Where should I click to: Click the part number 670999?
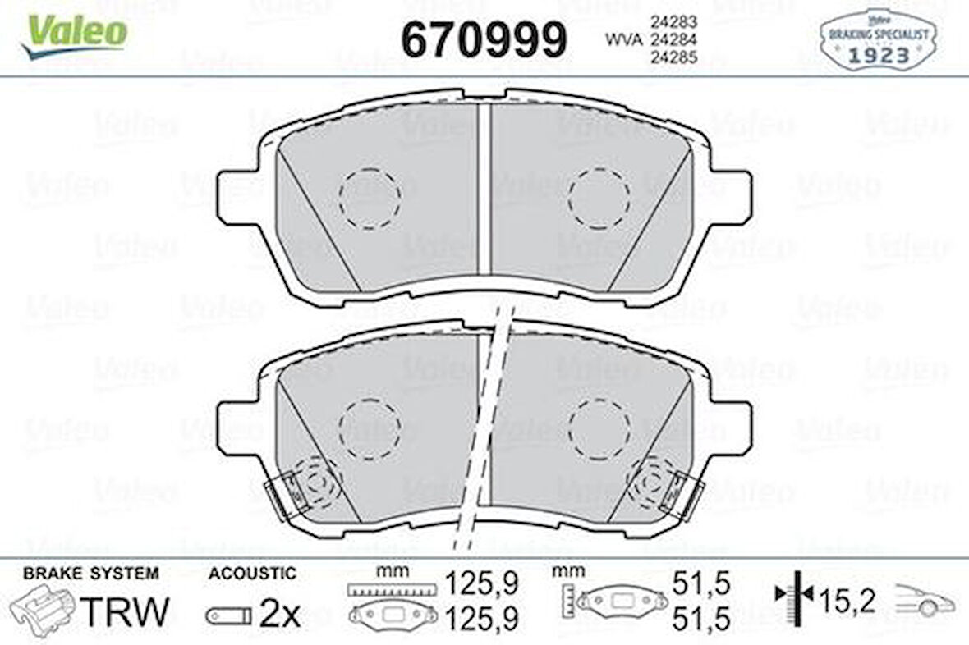484,39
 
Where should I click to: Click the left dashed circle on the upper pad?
369,198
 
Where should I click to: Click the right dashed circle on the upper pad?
599,198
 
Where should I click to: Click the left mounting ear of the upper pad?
238,197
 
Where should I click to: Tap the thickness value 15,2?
847,602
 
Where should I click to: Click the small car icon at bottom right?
926,602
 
